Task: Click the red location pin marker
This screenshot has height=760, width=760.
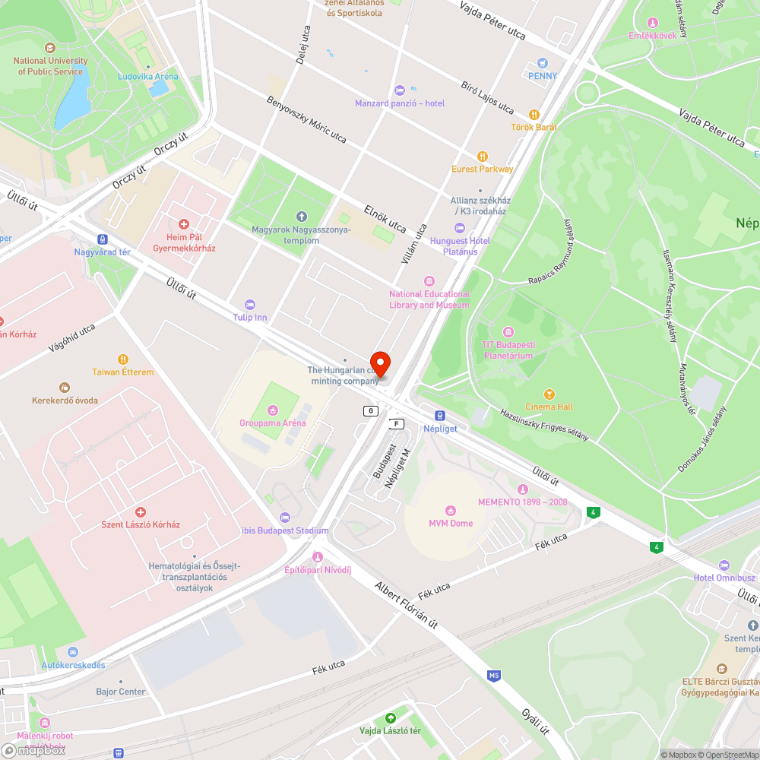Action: (x=379, y=364)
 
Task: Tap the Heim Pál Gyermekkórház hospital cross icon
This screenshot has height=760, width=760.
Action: (x=183, y=224)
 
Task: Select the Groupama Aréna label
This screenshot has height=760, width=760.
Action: (x=272, y=423)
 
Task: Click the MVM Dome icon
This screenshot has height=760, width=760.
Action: (x=451, y=511)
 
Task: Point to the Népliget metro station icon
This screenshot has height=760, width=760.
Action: (x=439, y=416)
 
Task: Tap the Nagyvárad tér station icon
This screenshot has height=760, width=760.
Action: (x=103, y=239)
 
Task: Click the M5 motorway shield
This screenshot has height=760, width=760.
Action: (x=494, y=675)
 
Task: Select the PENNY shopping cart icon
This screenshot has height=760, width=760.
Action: (x=543, y=63)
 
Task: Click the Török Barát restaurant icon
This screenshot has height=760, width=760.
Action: (x=534, y=114)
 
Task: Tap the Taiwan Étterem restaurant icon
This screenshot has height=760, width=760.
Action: (x=123, y=359)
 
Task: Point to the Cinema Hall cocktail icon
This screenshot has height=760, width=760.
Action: (x=549, y=394)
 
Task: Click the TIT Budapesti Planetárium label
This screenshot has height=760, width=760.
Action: (x=508, y=350)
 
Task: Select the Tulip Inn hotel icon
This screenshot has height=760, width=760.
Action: (x=250, y=305)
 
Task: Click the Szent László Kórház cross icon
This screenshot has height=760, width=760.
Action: (x=141, y=512)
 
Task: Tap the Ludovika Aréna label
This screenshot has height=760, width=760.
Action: (x=148, y=76)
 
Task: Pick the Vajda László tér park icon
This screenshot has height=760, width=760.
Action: (x=391, y=718)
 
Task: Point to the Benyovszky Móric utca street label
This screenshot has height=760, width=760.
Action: (x=306, y=120)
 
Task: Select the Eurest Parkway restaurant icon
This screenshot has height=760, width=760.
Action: (x=482, y=157)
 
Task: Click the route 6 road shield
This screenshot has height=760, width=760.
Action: (x=370, y=411)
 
